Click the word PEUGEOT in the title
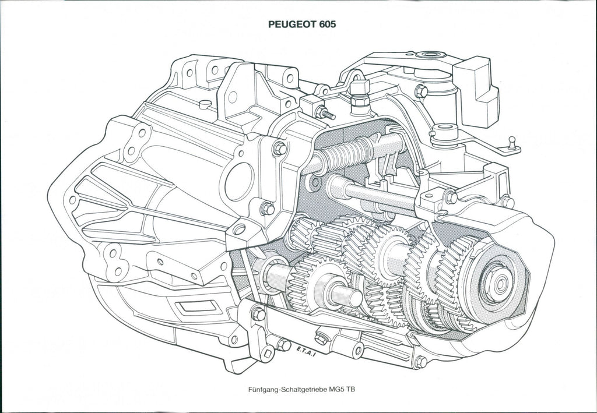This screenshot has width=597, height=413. pyautogui.click(x=292, y=24)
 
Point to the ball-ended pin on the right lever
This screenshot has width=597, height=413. pyautogui.click(x=512, y=143)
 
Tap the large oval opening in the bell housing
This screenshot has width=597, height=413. pyautogui.click(x=239, y=182)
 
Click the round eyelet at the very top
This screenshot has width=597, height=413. pyautogui.click(x=431, y=54)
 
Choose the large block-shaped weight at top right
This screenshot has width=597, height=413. pyautogui.click(x=476, y=91)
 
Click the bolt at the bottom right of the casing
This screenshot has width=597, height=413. pyautogui.click(x=421, y=361)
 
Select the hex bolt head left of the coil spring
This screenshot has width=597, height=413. pyautogui.click(x=280, y=149)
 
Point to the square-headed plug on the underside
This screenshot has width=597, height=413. pyautogui.click(x=321, y=337)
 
